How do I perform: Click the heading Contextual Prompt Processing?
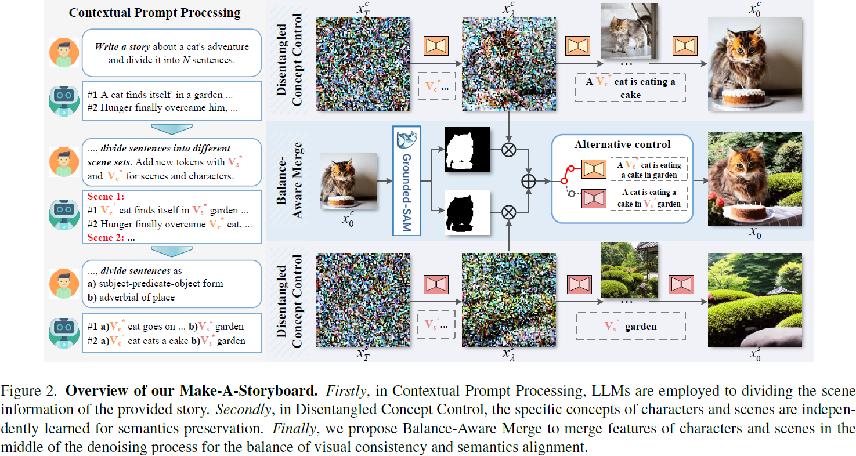[x=154, y=12]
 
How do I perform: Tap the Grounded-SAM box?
[x=406, y=181]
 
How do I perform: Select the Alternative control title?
[x=622, y=144]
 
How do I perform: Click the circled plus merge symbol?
[x=528, y=181]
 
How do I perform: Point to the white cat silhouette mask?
[x=467, y=150]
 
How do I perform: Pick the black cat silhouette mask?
[x=467, y=212]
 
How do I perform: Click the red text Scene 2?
[x=107, y=238]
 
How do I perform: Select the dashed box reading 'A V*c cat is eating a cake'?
[x=630, y=88]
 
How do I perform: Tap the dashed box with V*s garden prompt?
[x=630, y=326]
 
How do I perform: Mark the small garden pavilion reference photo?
[x=630, y=269]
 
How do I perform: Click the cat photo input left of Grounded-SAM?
[x=348, y=180]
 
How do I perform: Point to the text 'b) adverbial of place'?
[x=136, y=297]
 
